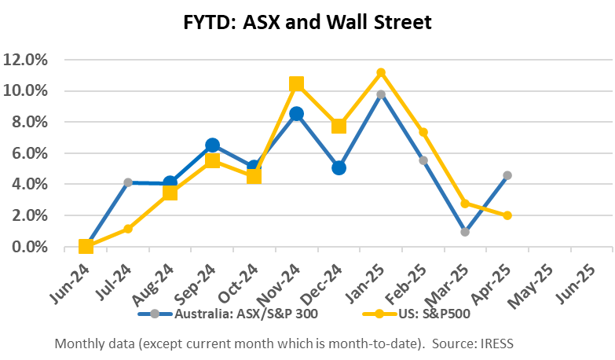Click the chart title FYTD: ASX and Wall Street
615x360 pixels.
(308, 23)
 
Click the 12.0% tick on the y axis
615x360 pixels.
(28, 60)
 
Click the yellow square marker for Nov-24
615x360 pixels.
(296, 84)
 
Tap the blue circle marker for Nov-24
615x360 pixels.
(296, 114)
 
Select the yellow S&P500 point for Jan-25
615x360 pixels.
(381, 73)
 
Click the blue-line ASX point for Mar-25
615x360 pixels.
(465, 232)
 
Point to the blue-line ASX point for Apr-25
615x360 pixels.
(507, 175)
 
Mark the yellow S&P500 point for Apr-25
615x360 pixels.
(507, 215)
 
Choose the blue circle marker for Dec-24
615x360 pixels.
(339, 167)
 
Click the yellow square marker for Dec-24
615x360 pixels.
(339, 126)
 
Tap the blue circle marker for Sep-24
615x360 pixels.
(212, 145)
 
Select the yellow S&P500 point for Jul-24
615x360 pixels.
(128, 229)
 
